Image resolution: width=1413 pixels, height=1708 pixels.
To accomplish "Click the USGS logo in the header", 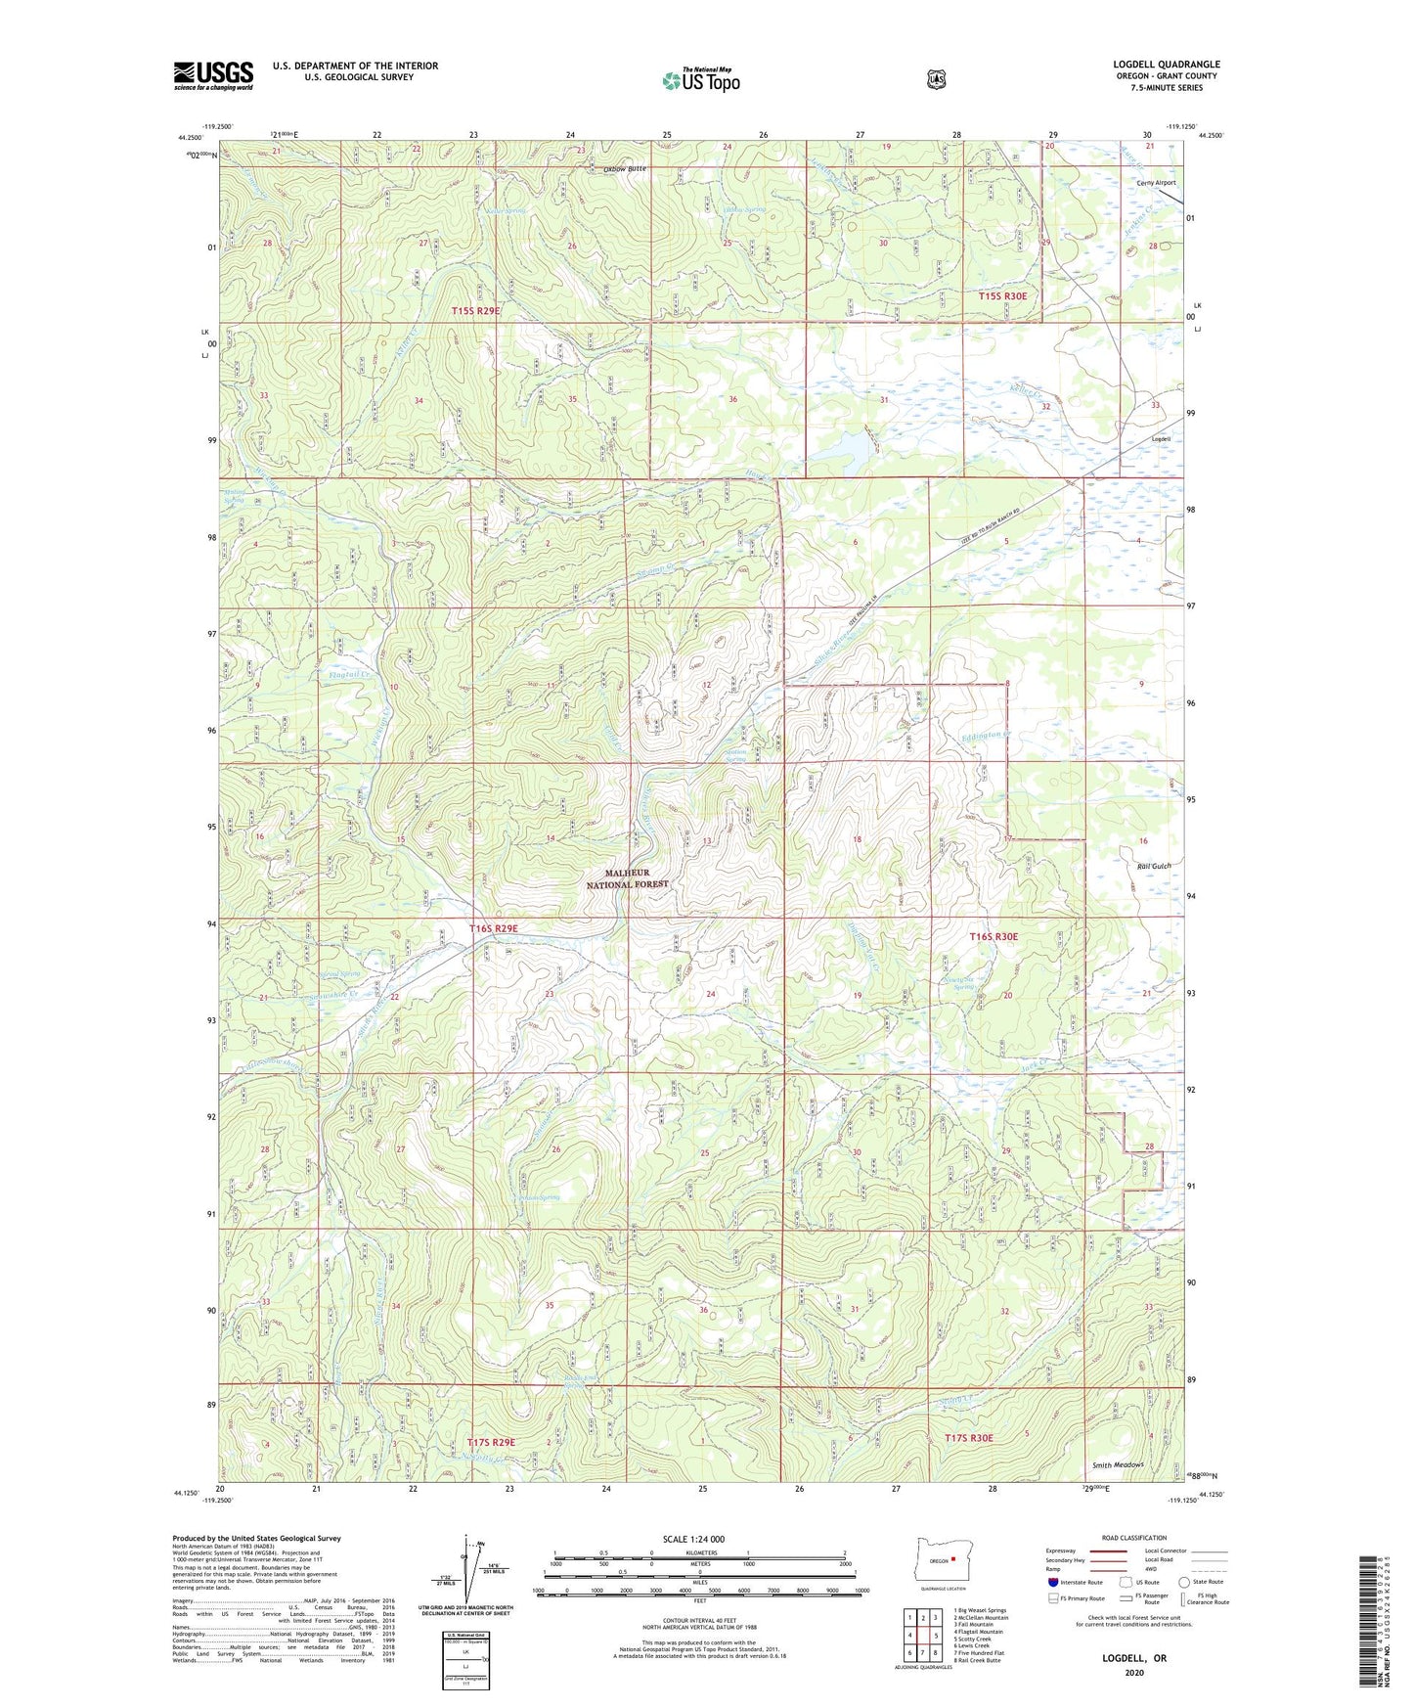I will tap(213, 75).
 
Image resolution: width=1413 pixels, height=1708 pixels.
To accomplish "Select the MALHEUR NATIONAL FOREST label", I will tap(627, 878).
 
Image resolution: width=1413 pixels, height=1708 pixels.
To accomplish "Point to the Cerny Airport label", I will tap(1156, 183).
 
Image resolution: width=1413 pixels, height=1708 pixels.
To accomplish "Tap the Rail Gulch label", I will tap(1154, 867).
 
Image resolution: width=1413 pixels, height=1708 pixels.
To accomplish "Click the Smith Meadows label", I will tap(1118, 1465).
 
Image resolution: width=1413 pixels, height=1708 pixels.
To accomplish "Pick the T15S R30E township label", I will tap(1003, 295).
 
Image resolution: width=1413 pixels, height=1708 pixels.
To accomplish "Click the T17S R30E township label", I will tap(969, 1437).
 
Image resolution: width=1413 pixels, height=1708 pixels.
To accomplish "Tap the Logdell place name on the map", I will tap(1161, 439).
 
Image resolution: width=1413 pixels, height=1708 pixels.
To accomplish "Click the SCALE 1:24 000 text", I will tap(693, 1540).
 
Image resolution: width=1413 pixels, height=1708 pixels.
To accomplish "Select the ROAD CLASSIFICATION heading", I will tap(1133, 1538).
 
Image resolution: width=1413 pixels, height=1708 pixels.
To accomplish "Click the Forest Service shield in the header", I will tap(936, 79).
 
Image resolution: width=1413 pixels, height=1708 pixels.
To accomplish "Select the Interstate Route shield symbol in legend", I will tap(1052, 1582).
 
